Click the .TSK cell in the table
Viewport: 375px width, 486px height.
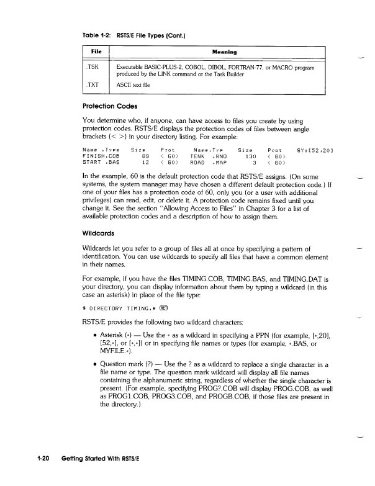(94, 66)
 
